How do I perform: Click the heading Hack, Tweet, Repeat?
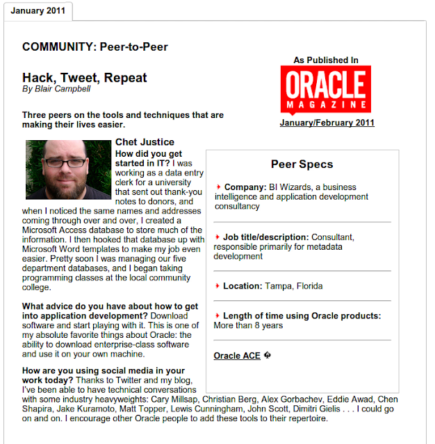[84, 78]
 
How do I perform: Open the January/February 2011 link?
[327, 123]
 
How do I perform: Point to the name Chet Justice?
[145, 142]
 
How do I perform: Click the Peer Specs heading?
[302, 164]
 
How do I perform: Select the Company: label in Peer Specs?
[245, 187]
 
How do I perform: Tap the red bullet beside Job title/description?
[217, 237]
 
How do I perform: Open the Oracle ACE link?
[237, 356]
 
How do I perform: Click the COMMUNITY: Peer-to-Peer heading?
[95, 47]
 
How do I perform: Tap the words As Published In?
[326, 60]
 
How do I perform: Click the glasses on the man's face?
[68, 164]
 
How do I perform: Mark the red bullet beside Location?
[217, 286]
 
